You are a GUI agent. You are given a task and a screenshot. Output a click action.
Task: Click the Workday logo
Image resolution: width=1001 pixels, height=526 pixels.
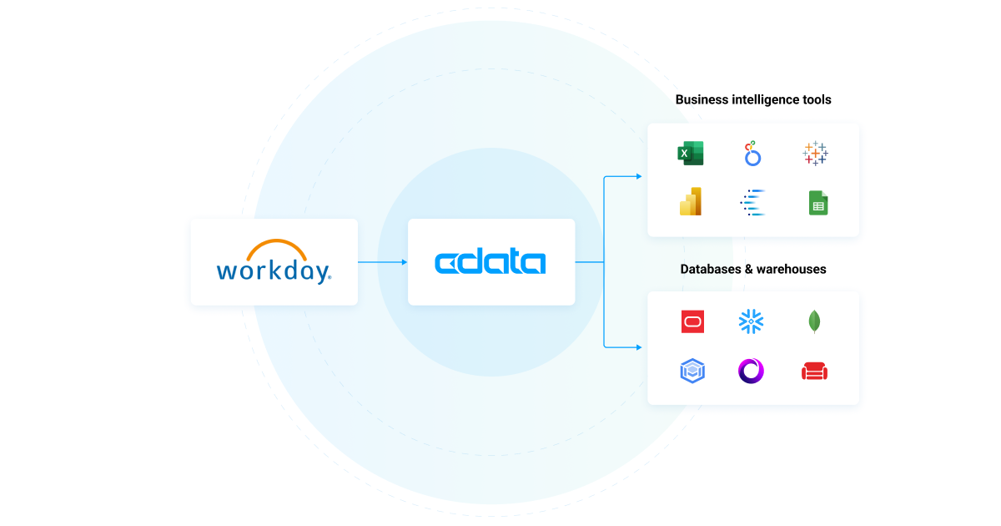click(274, 262)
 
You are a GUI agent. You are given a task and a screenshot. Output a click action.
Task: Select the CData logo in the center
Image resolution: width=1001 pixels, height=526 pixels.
click(490, 262)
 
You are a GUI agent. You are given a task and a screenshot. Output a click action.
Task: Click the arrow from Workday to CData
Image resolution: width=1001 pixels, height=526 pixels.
click(382, 262)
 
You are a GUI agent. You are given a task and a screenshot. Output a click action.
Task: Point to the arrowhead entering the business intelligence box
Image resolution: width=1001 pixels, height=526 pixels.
click(638, 176)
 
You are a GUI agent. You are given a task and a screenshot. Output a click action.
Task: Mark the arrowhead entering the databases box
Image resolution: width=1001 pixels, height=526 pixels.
click(638, 347)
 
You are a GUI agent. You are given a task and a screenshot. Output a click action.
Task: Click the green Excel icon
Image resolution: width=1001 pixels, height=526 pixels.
click(691, 154)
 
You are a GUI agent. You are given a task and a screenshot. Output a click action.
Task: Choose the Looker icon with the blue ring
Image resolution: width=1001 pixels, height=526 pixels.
click(752, 154)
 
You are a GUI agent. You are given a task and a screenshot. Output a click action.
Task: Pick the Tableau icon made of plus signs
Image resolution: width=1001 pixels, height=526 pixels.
click(815, 154)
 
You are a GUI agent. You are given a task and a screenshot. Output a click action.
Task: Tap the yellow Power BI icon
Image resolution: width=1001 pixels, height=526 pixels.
click(691, 202)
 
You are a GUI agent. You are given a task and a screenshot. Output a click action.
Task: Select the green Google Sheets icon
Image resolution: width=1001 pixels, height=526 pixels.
click(817, 203)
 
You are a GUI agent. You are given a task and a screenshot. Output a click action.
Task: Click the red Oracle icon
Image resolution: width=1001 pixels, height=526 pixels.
click(692, 321)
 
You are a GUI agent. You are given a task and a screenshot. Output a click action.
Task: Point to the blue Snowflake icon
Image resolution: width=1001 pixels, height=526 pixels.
click(752, 321)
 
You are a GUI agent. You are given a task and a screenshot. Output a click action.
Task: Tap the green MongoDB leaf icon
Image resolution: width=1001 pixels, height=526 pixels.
click(814, 321)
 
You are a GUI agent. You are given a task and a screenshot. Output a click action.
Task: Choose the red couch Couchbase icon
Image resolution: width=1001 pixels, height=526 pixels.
click(814, 372)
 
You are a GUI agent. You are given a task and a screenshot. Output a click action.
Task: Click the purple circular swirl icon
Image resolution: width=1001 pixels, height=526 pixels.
click(752, 372)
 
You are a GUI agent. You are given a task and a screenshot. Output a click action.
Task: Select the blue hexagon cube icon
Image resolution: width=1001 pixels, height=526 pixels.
click(692, 372)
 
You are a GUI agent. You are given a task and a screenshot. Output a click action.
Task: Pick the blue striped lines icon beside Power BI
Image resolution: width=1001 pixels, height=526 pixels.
click(752, 203)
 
